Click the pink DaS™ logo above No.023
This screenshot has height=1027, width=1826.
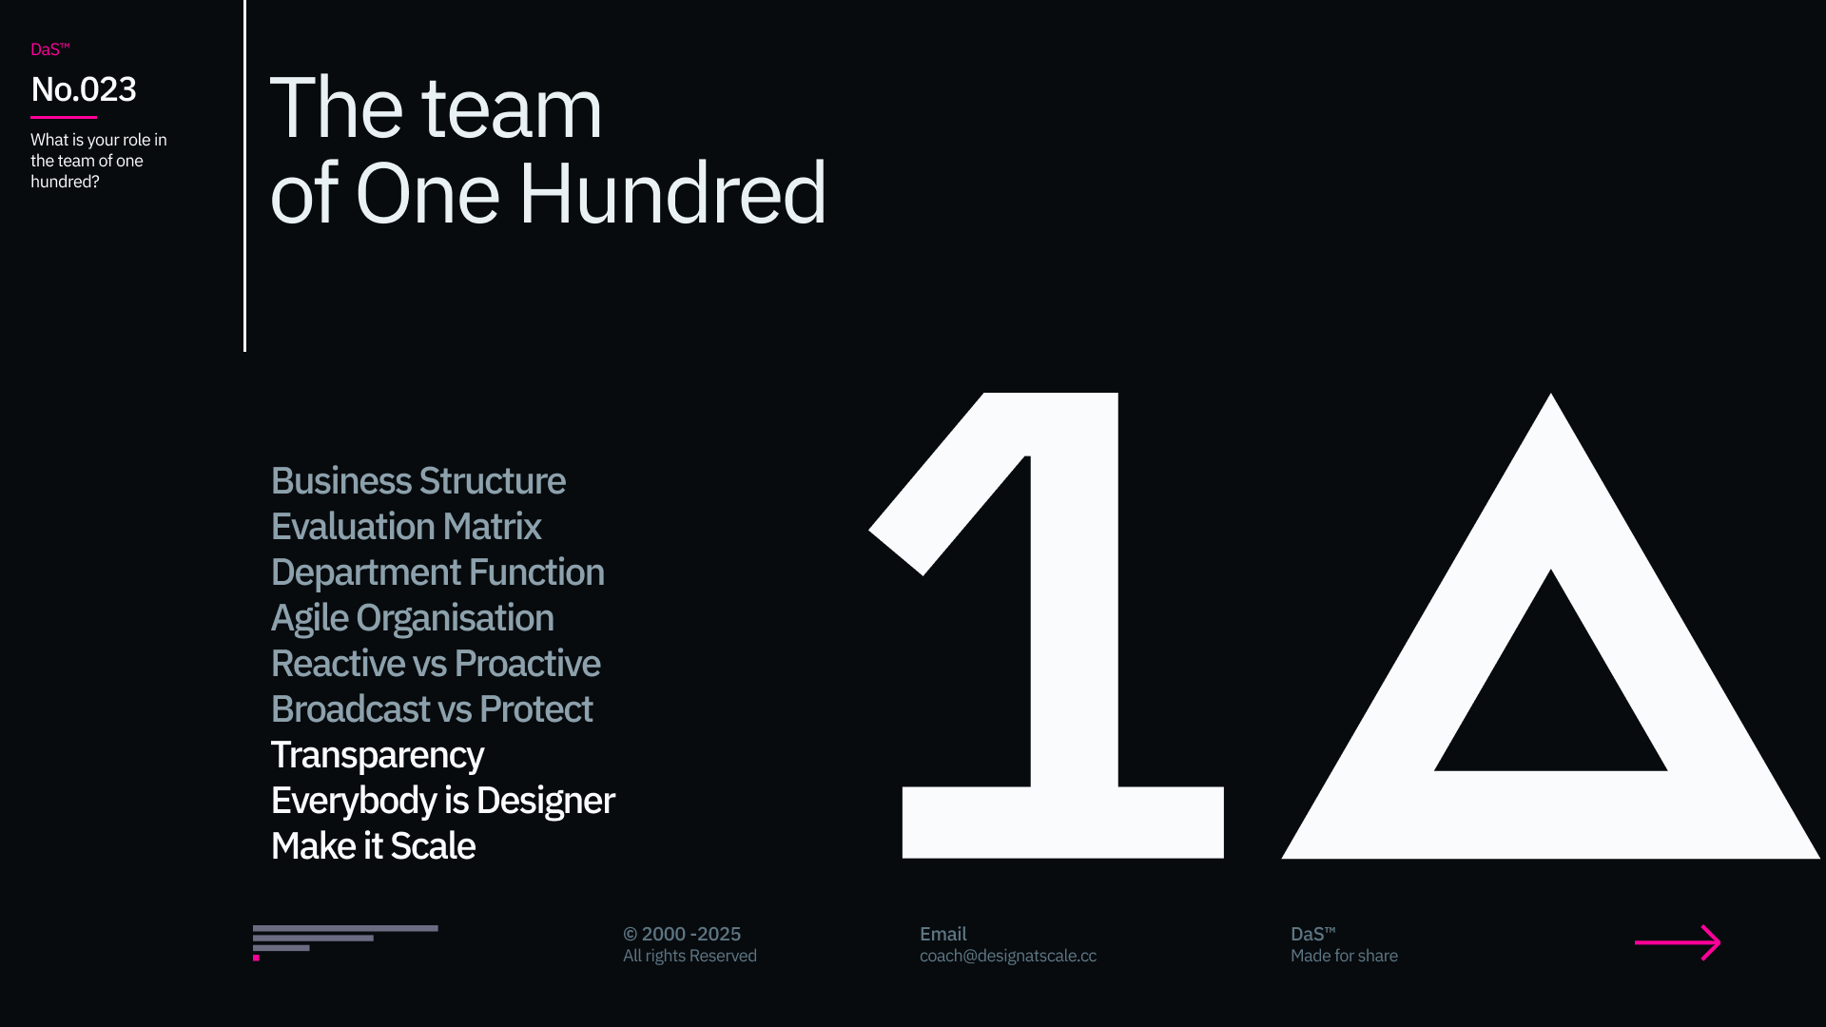pos(50,49)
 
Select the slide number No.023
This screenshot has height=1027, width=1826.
pos(84,89)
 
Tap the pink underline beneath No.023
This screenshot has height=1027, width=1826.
pos(64,117)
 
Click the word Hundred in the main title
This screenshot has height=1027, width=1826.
pos(672,193)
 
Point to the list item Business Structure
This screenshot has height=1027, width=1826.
pos(418,481)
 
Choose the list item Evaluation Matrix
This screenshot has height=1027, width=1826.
pos(406,527)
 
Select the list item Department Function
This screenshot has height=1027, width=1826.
pos(437,572)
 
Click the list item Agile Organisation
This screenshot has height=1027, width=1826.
pos(413,618)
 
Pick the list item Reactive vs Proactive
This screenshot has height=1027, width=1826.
pos(436,664)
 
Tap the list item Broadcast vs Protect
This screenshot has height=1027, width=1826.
pos(432,709)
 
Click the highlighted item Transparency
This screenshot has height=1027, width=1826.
pos(378,755)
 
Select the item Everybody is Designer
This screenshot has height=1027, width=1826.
pos(443,801)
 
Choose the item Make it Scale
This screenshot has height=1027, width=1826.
pos(373,846)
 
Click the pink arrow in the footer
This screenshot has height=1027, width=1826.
pos(1678,942)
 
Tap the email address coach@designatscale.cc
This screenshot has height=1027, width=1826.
pos(1008,956)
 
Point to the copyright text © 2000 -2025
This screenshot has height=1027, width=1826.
pos(682,934)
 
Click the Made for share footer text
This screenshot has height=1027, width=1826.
pos(1344,956)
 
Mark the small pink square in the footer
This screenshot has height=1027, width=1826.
pos(256,958)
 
